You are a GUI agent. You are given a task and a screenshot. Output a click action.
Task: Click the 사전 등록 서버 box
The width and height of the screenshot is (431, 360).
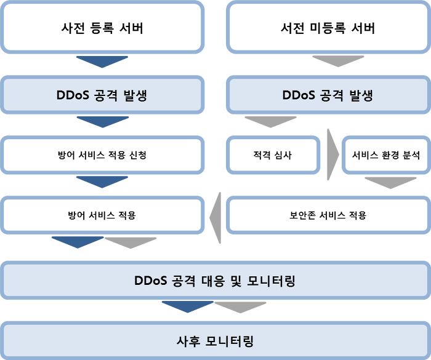click(102, 28)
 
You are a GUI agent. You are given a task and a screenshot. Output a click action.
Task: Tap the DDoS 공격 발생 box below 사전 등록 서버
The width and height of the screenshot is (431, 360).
click(102, 95)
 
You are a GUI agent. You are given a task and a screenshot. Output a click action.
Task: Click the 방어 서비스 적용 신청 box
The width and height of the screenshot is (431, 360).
click(102, 155)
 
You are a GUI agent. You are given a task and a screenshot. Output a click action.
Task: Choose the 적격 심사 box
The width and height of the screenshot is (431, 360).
click(273, 155)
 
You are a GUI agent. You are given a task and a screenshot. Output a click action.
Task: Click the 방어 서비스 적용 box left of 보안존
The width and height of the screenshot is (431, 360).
click(102, 215)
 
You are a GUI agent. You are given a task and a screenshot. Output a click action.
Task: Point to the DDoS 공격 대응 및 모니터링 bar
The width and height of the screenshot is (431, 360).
click(215, 281)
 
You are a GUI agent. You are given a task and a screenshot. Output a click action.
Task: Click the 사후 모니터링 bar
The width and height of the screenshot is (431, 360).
click(215, 340)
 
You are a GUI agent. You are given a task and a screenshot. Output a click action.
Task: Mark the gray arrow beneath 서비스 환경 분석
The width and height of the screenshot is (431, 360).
click(390, 182)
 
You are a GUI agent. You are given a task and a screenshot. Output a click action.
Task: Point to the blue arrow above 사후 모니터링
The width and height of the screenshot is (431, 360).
click(187, 306)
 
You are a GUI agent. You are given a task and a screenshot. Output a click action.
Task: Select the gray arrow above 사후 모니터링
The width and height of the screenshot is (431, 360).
click(240, 306)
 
